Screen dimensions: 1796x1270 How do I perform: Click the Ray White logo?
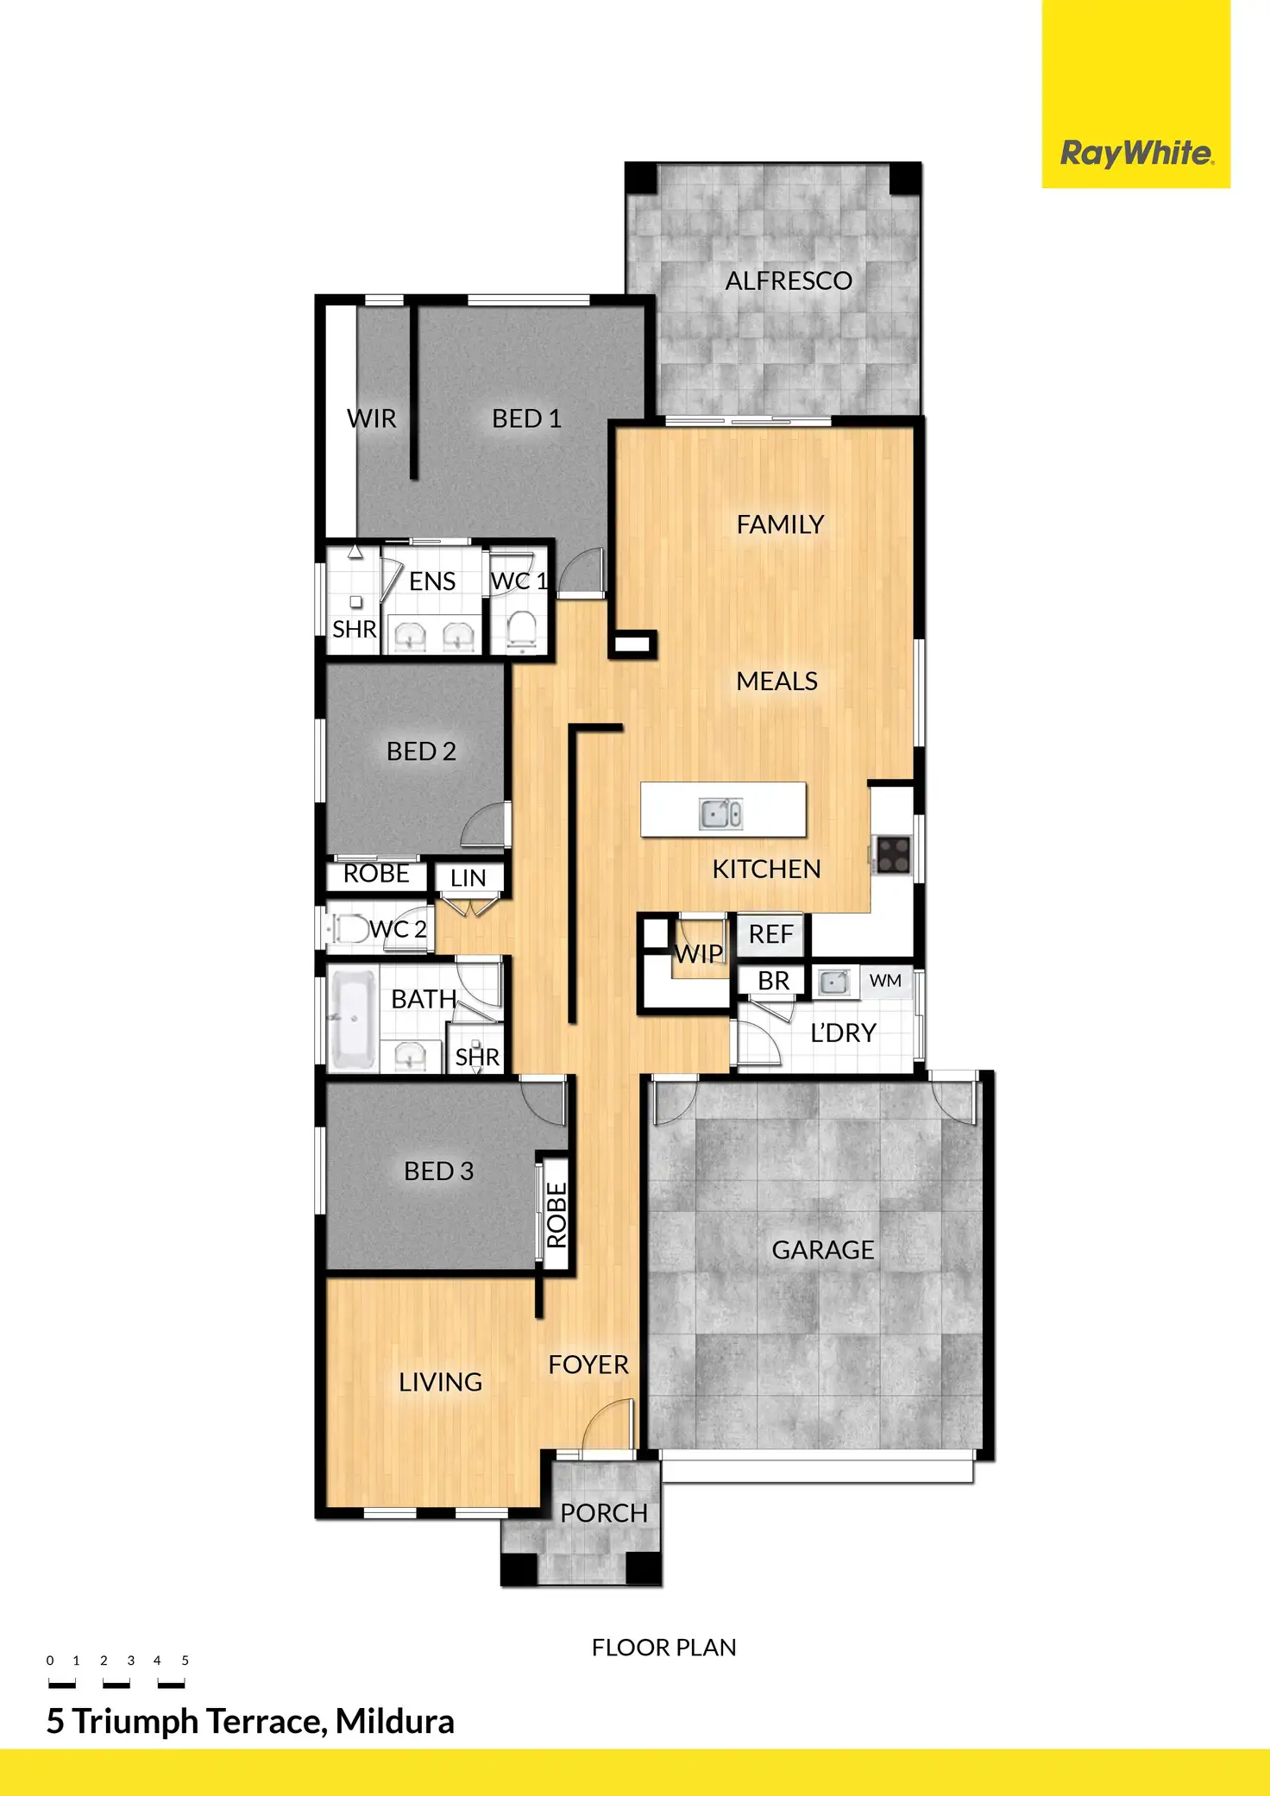1135,154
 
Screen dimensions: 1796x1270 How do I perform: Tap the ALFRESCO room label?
788,280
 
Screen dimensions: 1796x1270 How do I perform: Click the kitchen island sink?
721,813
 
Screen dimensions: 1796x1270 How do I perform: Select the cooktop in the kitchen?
893,854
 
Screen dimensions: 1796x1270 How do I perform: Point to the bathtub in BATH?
352,1018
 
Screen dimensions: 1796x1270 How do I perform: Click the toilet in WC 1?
522,627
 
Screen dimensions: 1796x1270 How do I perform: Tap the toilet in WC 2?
349,929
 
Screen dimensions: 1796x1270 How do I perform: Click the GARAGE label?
822,1249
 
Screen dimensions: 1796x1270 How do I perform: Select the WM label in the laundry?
885,981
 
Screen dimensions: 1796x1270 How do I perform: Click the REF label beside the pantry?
770,934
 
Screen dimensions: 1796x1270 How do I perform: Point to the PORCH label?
603,1513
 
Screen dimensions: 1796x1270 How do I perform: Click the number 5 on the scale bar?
185,1660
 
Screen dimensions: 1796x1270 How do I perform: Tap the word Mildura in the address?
394,1722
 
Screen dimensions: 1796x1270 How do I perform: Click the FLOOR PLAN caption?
663,1648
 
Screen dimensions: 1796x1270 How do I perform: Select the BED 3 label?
438,1171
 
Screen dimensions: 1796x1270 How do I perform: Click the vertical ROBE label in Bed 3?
556,1215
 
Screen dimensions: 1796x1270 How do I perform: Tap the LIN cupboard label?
468,878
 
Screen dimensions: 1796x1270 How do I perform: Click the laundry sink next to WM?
833,983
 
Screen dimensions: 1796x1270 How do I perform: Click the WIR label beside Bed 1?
371,418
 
